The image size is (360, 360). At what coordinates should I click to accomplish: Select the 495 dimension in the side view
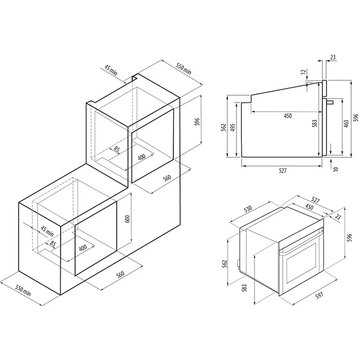[x=232, y=127]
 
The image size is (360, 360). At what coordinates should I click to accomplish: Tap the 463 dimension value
[x=346, y=123]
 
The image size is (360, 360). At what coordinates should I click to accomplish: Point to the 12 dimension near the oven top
[x=304, y=71]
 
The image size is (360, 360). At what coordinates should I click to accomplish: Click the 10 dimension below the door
[x=336, y=169]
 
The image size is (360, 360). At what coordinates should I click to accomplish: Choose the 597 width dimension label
[x=319, y=295]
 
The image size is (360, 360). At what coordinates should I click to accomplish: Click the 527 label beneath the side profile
[x=283, y=171]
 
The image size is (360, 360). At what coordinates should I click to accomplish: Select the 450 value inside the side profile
[x=287, y=116]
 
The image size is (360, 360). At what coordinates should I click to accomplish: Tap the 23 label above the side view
[x=333, y=57]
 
